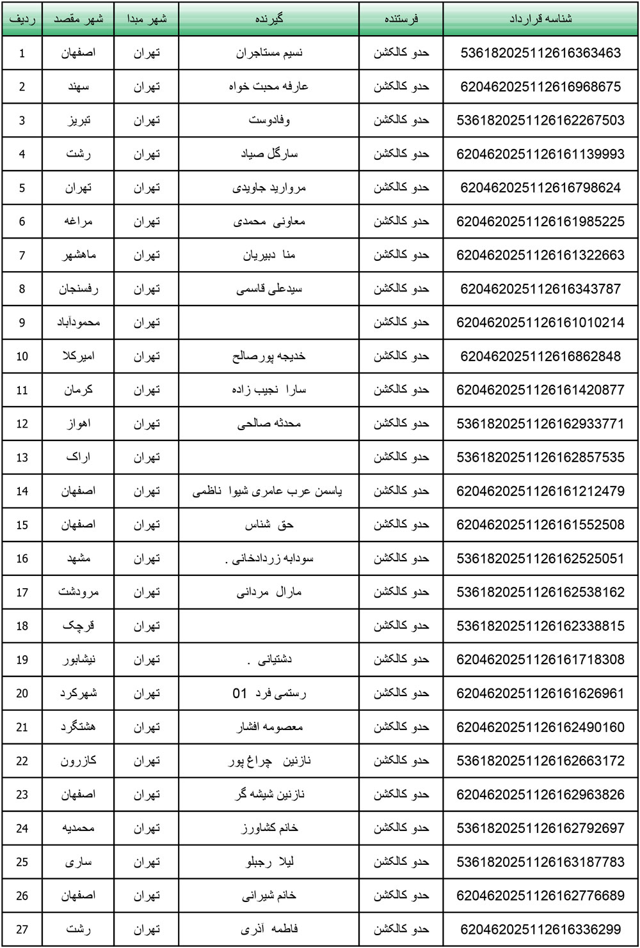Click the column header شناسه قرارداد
coord(540,19)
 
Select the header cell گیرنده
coord(269,19)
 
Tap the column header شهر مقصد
coord(78,19)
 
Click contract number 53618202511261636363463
coord(540,53)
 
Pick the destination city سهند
coord(78,86)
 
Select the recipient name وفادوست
coord(269,120)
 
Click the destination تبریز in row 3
coord(78,120)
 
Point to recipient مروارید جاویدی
coord(269,188)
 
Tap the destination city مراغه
coord(78,221)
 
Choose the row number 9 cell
coord(22,323)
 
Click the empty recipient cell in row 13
coord(269,458)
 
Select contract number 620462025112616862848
coord(540,356)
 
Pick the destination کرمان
coord(78,390)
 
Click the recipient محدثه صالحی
coord(269,424)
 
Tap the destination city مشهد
coord(78,559)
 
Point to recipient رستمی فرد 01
coord(269,694)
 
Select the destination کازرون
coord(78,761)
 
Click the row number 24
coord(22,828)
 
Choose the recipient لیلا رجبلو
coord(269,862)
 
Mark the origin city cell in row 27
coord(146,929)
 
